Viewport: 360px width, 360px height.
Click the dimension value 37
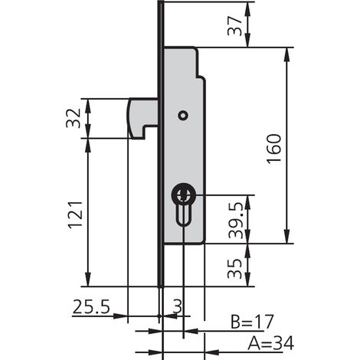click(x=234, y=26)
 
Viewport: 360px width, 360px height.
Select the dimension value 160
click(x=273, y=149)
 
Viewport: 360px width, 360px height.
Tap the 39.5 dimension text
click(x=235, y=221)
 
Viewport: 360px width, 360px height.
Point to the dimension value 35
click(x=234, y=269)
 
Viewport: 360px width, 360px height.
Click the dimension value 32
click(x=74, y=118)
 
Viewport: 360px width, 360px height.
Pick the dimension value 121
click(x=75, y=214)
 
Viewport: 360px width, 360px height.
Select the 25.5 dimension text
click(x=91, y=306)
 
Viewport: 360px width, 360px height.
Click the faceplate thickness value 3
click(x=178, y=306)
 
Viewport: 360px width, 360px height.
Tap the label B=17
click(x=252, y=322)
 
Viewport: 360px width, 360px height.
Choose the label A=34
click(x=270, y=344)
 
